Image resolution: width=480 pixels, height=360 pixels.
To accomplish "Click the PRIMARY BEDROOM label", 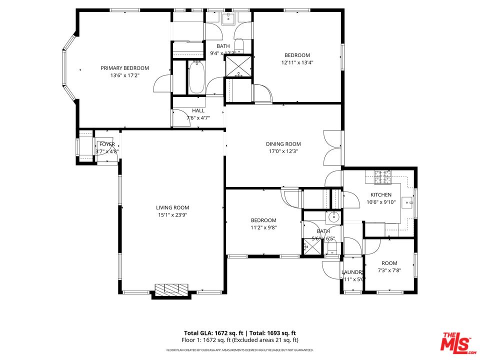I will point(124,68).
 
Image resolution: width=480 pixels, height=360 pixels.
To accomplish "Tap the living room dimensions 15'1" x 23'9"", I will point(172,215).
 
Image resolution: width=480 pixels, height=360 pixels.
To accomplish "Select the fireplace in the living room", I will point(171,289).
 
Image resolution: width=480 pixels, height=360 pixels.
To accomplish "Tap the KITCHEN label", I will point(381,194).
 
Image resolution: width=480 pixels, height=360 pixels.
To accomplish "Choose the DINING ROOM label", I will point(283,144).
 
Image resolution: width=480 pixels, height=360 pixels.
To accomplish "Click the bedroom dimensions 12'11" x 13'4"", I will point(297,62).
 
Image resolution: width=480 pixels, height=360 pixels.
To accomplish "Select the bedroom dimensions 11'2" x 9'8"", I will point(263,227).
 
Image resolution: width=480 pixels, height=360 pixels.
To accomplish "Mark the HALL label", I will point(198,111).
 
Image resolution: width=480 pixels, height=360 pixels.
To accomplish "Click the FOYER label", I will point(106,144).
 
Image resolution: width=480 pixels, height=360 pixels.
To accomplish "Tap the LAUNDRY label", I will point(352,272).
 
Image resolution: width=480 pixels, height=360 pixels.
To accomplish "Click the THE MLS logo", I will point(455,342).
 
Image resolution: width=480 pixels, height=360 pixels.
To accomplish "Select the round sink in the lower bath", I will point(333,217).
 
